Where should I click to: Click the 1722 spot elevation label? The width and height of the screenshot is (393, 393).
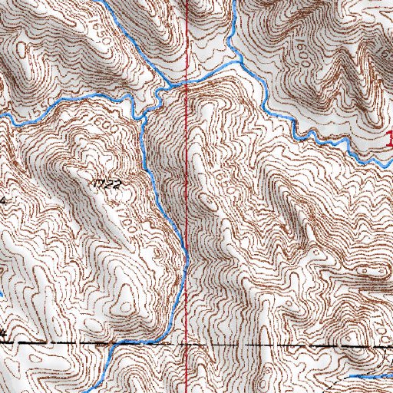pyautogui.click(x=107, y=183)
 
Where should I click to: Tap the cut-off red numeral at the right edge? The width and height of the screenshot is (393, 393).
pyautogui.click(x=388, y=140)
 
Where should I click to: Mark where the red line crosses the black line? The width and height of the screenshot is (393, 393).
pyautogui.click(x=189, y=345)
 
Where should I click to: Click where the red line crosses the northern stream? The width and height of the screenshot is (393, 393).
pyautogui.click(x=189, y=78)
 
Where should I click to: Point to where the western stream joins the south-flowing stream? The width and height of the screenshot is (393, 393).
pyautogui.click(x=142, y=115)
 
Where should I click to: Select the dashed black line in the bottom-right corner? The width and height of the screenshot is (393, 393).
pyautogui.click(x=376, y=384)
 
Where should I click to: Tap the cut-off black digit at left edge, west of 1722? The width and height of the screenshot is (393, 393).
pyautogui.click(x=2, y=200)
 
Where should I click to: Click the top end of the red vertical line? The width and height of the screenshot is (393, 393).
pyautogui.click(x=189, y=2)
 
